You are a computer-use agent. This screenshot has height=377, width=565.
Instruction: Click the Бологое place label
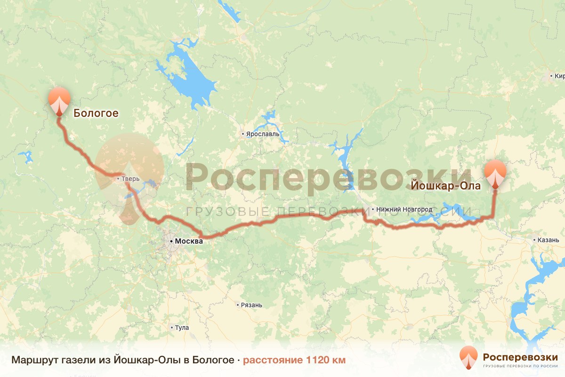click(95, 113)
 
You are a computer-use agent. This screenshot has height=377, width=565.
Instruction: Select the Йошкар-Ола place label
click(446, 186)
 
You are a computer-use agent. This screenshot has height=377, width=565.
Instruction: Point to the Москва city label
click(188, 241)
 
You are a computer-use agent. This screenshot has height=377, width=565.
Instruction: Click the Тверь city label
click(131, 179)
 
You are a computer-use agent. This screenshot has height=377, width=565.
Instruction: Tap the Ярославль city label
click(263, 134)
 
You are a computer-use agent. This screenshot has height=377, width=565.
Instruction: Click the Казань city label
click(548, 240)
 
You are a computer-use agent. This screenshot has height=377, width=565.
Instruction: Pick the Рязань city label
click(251, 305)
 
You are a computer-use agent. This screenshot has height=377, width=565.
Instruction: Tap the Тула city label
click(181, 328)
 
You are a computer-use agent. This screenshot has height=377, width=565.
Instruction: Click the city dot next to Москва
click(171, 241)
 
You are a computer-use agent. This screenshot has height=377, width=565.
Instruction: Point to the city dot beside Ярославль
click(243, 134)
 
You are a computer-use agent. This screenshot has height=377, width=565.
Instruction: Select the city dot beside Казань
click(535, 240)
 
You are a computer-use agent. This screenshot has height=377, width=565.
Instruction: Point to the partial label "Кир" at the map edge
click(559, 76)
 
